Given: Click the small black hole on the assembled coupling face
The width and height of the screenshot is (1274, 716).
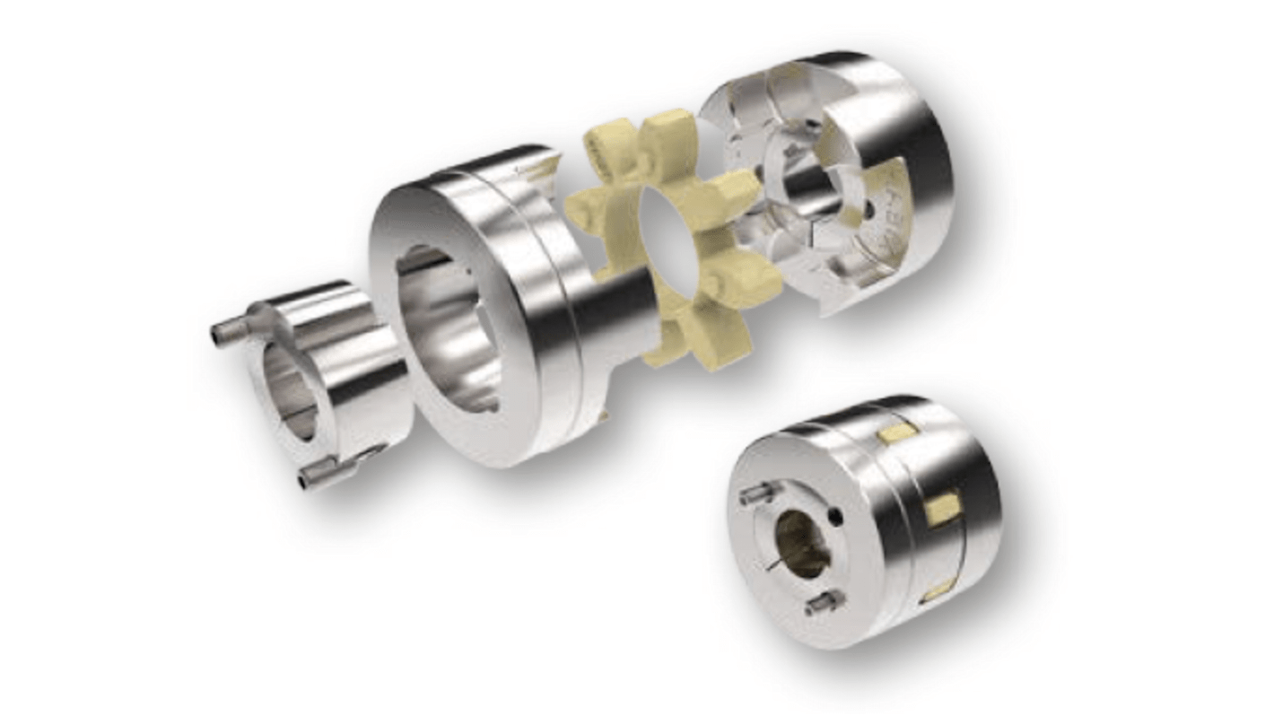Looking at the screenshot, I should pos(836,516).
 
